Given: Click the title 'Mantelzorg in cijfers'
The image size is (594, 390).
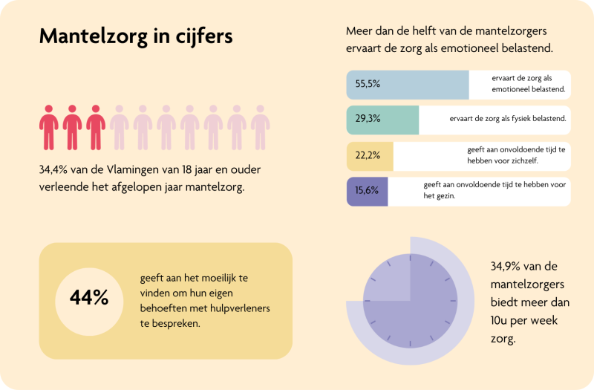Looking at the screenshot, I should [135, 36].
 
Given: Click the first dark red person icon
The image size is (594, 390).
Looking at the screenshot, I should [49, 127].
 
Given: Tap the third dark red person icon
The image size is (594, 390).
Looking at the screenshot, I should [95, 127].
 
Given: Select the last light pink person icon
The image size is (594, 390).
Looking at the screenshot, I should [260, 127].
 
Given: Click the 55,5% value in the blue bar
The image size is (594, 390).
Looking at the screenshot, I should [368, 84].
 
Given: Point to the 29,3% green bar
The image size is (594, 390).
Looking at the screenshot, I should [382, 119].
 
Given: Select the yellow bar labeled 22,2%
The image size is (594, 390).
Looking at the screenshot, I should [370, 155].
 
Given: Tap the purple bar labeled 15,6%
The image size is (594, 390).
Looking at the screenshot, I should [368, 191].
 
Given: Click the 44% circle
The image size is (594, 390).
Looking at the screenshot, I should [89, 298].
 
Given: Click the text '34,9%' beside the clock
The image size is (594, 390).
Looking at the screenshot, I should [508, 266].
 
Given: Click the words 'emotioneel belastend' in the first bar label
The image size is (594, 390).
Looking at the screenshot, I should [529, 90].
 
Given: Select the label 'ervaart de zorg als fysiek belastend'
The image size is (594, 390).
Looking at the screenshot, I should [508, 119].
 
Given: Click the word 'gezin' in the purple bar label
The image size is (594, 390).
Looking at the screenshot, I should [448, 196].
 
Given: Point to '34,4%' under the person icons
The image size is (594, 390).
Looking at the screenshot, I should [55, 170].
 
